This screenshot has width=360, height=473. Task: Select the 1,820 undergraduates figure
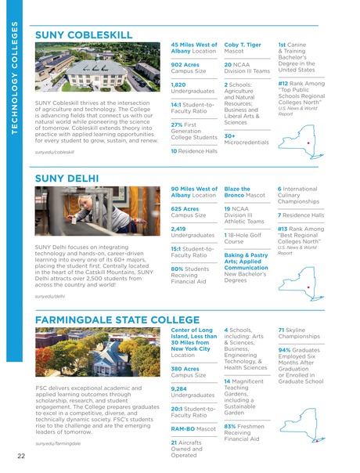(178, 83)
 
